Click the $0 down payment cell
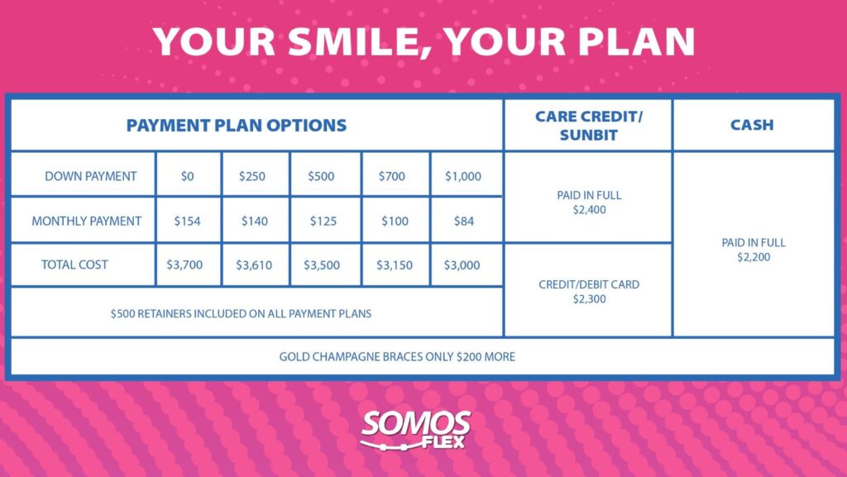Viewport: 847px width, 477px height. [x=188, y=176]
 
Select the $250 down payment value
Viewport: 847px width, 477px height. [x=252, y=176]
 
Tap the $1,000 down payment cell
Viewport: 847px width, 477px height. [x=463, y=176]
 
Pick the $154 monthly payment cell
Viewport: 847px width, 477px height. [x=188, y=221]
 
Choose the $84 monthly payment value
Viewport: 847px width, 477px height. [x=464, y=221]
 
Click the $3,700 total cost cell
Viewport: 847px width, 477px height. [x=184, y=265]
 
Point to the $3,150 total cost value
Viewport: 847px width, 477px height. [x=395, y=265]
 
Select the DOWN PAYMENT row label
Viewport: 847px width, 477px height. [x=91, y=176]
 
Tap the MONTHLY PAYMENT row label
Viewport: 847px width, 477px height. [x=86, y=222]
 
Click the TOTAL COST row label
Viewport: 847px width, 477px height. [x=74, y=265]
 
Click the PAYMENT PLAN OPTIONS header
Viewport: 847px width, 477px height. [x=237, y=125]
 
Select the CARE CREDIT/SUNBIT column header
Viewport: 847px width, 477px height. [x=589, y=125]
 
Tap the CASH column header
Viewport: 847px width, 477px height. [x=752, y=125]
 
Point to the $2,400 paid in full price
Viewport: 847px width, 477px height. [x=589, y=210]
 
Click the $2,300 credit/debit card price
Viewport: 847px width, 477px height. [x=589, y=299]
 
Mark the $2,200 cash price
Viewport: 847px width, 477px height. [x=754, y=257]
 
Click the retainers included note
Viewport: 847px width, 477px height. [x=241, y=313]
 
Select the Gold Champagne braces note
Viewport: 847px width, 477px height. [x=397, y=356]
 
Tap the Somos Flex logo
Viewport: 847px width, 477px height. [x=415, y=430]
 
